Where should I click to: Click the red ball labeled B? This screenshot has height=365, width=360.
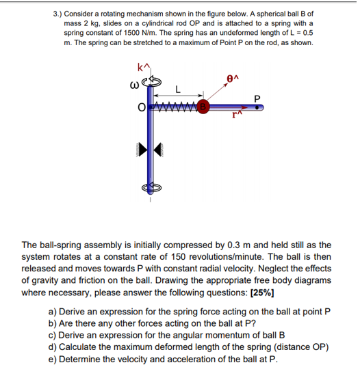(x=203, y=107)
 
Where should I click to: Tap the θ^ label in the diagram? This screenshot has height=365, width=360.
(x=233, y=77)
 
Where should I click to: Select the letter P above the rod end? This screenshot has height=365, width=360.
(x=257, y=96)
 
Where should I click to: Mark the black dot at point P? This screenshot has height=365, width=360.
(x=259, y=107)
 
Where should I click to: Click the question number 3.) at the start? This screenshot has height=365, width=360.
(x=60, y=13)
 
